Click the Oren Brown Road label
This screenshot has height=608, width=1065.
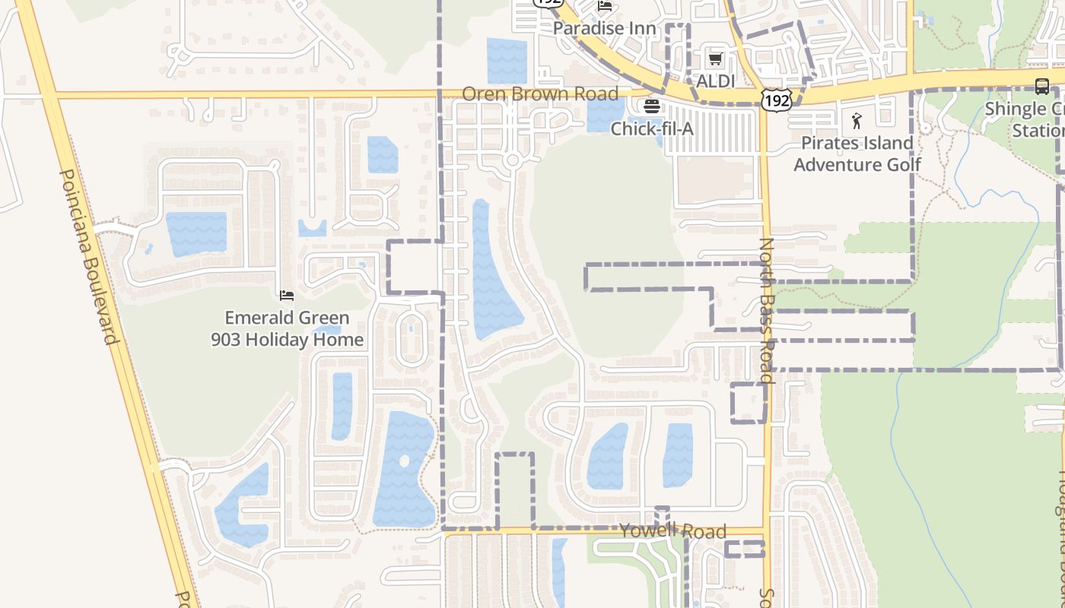pyautogui.click(x=540, y=94)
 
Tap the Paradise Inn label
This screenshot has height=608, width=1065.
pyautogui.click(x=604, y=29)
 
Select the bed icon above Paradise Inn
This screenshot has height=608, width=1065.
pyautogui.click(x=605, y=6)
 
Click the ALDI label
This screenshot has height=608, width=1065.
pyautogui.click(x=716, y=81)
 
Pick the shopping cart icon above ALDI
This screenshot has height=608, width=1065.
pyautogui.click(x=715, y=59)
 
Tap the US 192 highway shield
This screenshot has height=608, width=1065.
pyautogui.click(x=776, y=98)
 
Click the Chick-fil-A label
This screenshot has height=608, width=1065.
pyautogui.click(x=652, y=129)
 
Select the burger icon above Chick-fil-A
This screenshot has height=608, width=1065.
pyautogui.click(x=652, y=106)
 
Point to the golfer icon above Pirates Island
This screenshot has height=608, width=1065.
pyautogui.click(x=857, y=121)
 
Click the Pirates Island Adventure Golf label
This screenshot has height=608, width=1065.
pyautogui.click(x=857, y=154)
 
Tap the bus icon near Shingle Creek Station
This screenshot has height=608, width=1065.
pyautogui.click(x=1042, y=87)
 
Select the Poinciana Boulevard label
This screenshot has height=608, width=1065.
pyautogui.click(x=90, y=255)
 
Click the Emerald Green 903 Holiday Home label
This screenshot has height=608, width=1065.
pyautogui.click(x=287, y=328)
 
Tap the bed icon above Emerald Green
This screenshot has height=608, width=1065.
pyautogui.click(x=287, y=295)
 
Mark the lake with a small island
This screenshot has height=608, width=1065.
pyautogui.click(x=403, y=467)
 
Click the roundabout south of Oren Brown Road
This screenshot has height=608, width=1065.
pyautogui.click(x=512, y=160)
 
